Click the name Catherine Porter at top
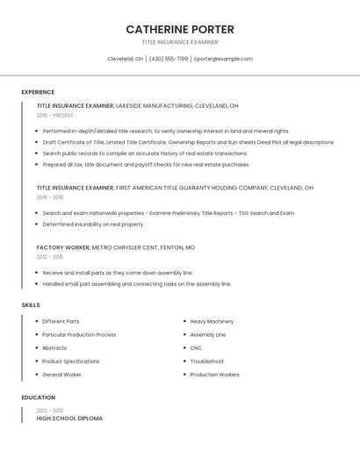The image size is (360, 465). point(180,29)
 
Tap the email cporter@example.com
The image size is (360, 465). point(223,59)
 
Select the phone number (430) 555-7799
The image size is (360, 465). point(169,59)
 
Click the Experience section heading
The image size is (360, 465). point(38,92)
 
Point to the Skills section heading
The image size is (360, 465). point(31,304)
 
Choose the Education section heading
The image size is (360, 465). point(38,397)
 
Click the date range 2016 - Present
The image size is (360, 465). point(54,115)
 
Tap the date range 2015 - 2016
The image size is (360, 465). point(50,197)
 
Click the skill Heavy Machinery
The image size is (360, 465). point(212,321)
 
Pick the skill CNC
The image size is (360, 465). point(196,347)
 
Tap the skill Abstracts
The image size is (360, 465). point(54,347)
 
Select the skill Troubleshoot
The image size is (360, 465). point(206,361)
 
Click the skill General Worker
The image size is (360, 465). point(61,375)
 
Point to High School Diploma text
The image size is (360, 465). point(69,418)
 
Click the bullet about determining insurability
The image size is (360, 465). point(93,224)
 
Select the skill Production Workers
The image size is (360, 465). point(214,375)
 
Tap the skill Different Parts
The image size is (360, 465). point(61,321)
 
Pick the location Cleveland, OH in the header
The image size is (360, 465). point(125,59)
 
